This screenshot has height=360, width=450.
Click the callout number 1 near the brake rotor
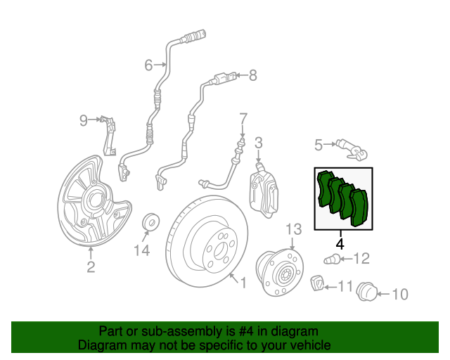pyautogui.click(x=243, y=283)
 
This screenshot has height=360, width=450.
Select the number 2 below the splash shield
pyautogui.click(x=91, y=267)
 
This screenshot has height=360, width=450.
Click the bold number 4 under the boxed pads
pyautogui.click(x=340, y=244)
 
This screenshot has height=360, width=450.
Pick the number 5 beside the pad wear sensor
pyautogui.click(x=319, y=145)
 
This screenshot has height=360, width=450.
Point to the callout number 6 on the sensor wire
pyautogui.click(x=148, y=65)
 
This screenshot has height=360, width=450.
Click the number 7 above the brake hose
pyautogui.click(x=243, y=119)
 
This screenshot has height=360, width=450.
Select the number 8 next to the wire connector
pyautogui.click(x=252, y=75)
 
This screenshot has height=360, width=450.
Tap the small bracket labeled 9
pyautogui.click(x=110, y=136)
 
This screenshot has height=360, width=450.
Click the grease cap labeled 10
pyautogui.click(x=366, y=292)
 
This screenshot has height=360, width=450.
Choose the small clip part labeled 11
pyautogui.click(x=317, y=283)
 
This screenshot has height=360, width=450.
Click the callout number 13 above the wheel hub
pyautogui.click(x=294, y=229)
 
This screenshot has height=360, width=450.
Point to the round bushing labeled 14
pyautogui.click(x=151, y=221)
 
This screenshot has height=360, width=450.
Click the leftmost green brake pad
pyautogui.click(x=325, y=188)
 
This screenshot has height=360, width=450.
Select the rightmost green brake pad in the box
pyautogui.click(x=359, y=207)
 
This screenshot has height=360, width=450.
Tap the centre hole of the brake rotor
pyautogui.click(x=220, y=250)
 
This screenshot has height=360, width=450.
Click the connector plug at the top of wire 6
pyautogui.click(x=194, y=37)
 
